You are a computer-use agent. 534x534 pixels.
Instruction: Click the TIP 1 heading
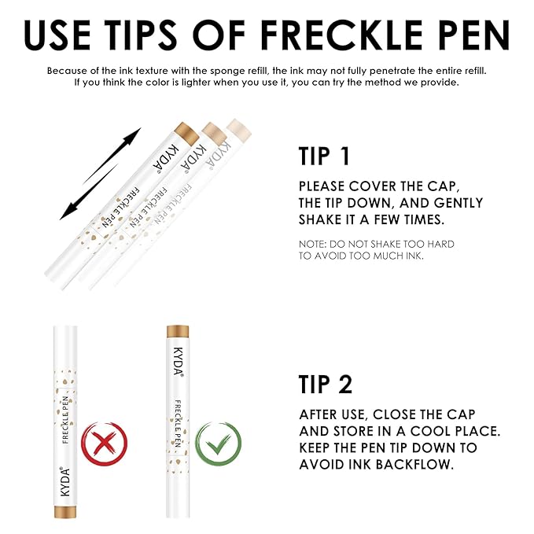(324, 156)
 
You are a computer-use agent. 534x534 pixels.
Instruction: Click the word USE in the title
(68, 35)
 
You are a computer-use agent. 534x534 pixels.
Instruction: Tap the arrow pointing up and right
(112, 154)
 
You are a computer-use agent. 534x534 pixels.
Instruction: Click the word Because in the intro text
(68, 70)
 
